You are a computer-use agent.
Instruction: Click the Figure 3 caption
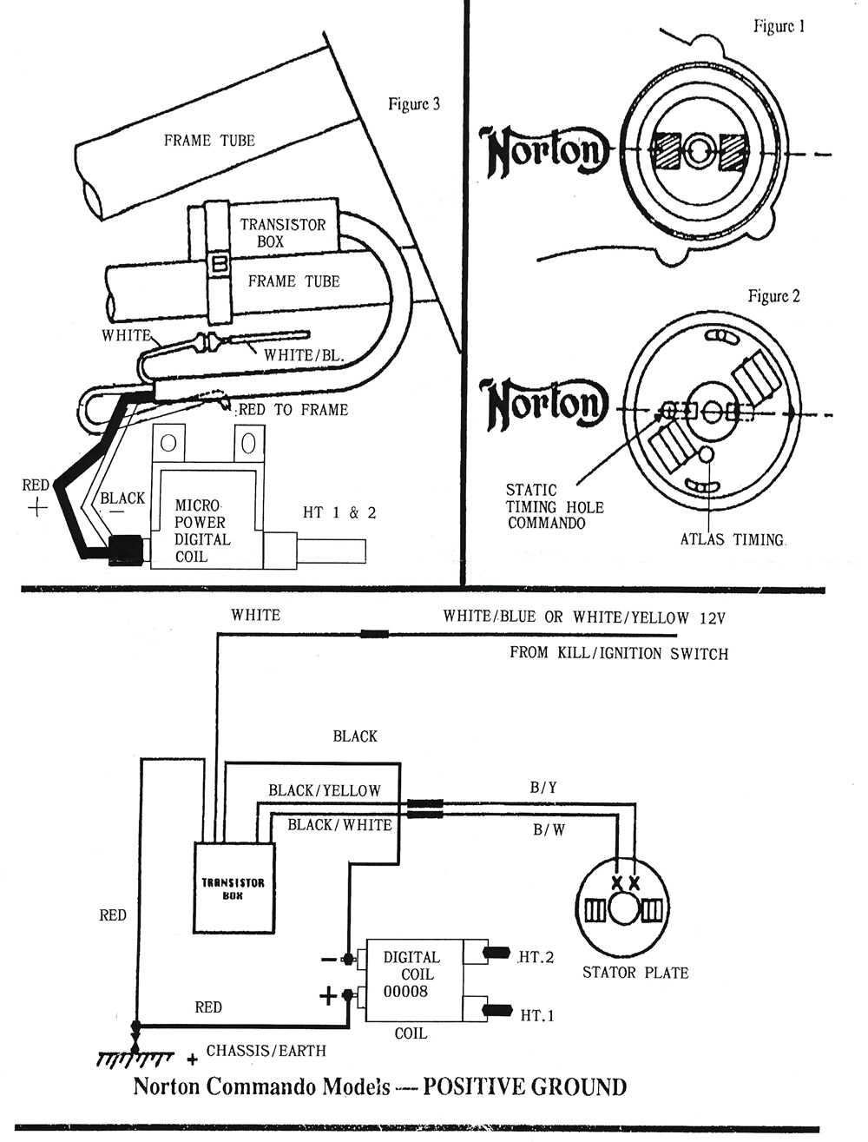tap(413, 104)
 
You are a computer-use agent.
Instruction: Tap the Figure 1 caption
tap(779, 26)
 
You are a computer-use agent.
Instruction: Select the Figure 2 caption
tap(773, 296)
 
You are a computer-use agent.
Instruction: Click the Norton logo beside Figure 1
tap(543, 153)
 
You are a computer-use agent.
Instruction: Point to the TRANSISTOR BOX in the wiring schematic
tap(233, 888)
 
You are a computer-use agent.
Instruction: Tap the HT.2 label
tap(536, 957)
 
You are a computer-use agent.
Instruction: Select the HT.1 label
tap(536, 1014)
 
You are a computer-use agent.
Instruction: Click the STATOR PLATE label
tap(635, 973)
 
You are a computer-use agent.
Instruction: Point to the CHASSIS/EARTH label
tap(266, 1051)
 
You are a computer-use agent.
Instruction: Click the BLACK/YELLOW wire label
tap(325, 790)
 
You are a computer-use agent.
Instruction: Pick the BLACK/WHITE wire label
tap(339, 824)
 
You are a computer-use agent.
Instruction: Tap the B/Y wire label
tap(543, 788)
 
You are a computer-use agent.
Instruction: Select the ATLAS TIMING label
tap(733, 539)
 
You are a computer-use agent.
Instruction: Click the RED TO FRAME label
tap(293, 410)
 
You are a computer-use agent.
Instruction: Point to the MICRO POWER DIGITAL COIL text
tap(202, 531)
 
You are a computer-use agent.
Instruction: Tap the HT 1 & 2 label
tap(339, 512)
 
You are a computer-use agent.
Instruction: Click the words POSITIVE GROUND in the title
tap(524, 1086)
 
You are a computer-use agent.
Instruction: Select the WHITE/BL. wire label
tap(304, 355)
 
